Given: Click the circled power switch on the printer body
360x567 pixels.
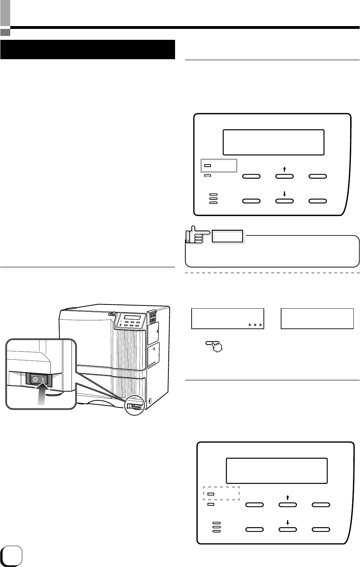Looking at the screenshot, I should tap(135, 405).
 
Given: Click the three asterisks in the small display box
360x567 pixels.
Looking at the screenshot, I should tap(255, 325).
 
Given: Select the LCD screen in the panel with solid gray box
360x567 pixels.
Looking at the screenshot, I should tap(273, 142).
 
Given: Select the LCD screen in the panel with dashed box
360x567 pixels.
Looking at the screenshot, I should tap(277, 471).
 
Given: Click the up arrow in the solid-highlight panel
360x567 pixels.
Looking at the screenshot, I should tap(284, 169).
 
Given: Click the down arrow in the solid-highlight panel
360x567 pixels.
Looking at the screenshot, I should tap(284, 194).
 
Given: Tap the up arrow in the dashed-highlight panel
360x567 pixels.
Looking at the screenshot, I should tap(287, 498).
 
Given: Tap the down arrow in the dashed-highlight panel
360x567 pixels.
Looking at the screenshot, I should tap(287, 523).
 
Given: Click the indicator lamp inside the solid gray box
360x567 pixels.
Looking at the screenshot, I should tap(208, 165).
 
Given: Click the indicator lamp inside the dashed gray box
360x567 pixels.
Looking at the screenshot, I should tap(211, 494).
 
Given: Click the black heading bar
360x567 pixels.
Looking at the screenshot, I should tap(88, 49).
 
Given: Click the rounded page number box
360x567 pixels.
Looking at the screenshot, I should tap(12, 556).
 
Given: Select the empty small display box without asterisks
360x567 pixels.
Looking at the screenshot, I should tap(317, 319).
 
